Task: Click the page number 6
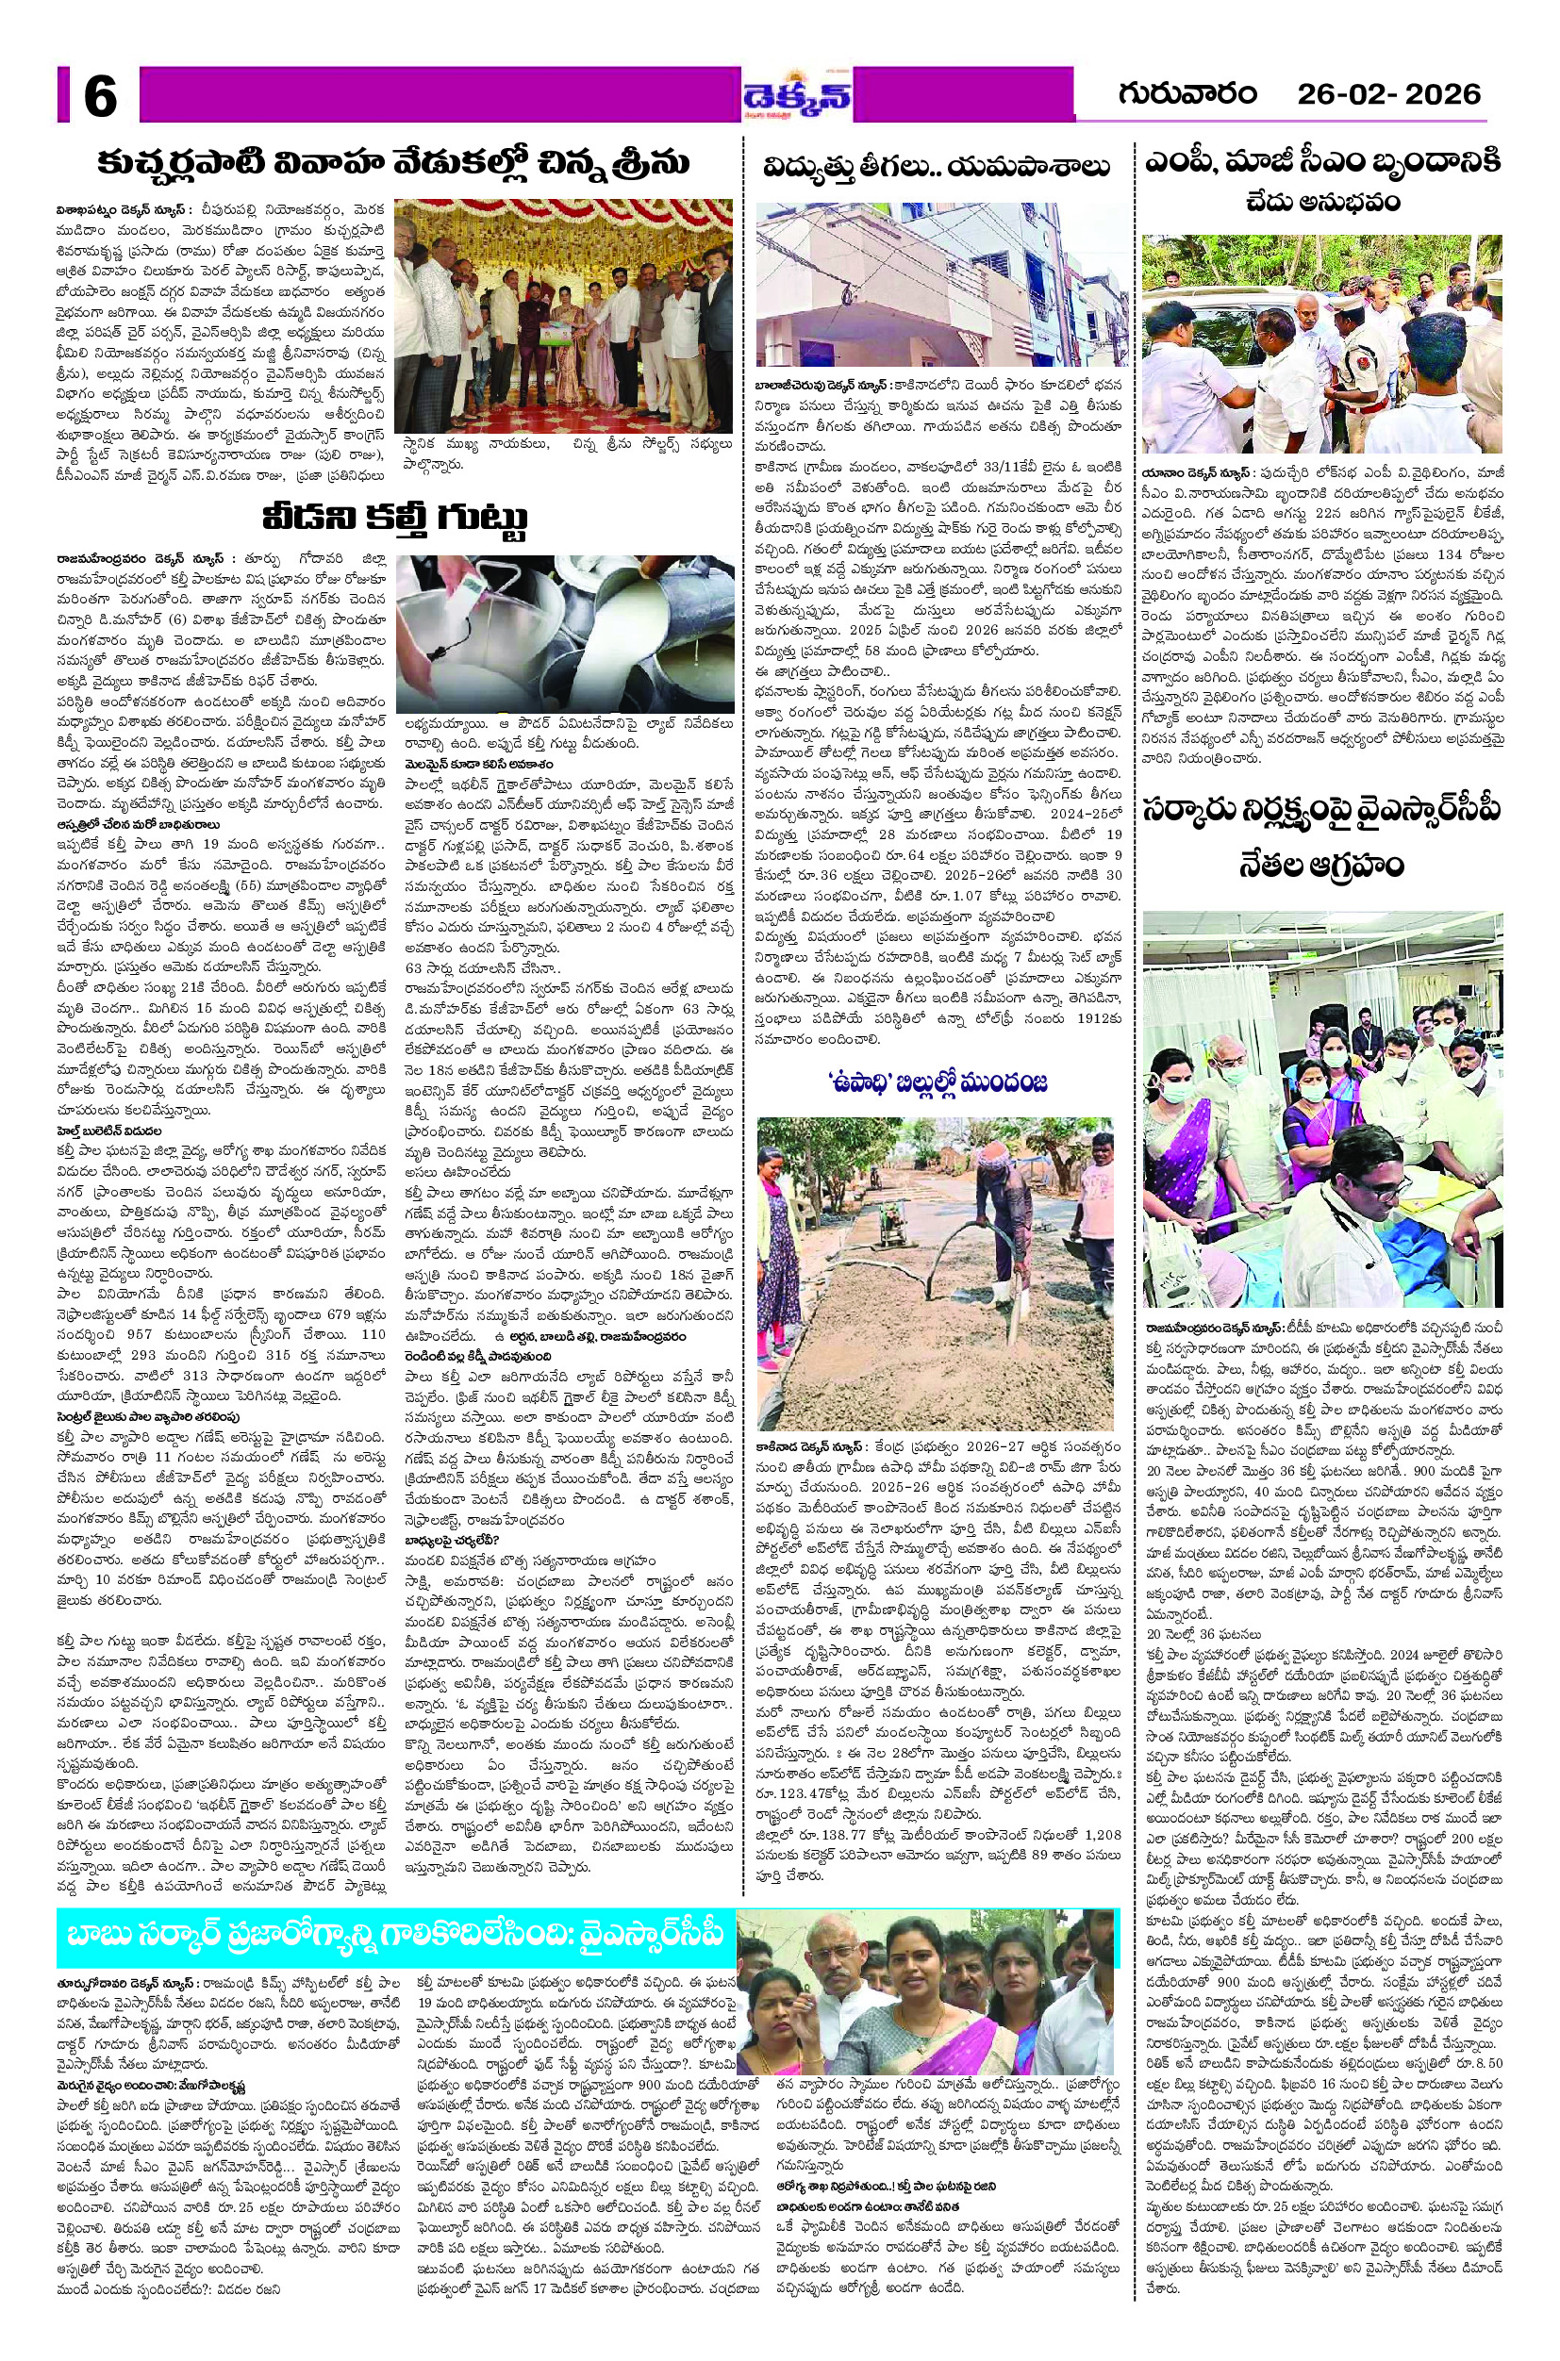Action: [x=99, y=95]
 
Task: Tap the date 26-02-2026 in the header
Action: [x=1388, y=95]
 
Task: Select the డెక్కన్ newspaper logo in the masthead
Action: [x=799, y=95]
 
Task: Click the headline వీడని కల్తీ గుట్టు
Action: [x=394, y=519]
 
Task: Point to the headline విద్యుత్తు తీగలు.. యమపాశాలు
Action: [x=937, y=167]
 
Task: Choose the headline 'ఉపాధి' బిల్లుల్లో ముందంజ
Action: [x=938, y=1082]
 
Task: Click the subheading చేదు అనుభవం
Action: [x=1323, y=203]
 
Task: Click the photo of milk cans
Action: [x=565, y=633]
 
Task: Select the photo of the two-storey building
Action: [x=942, y=284]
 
